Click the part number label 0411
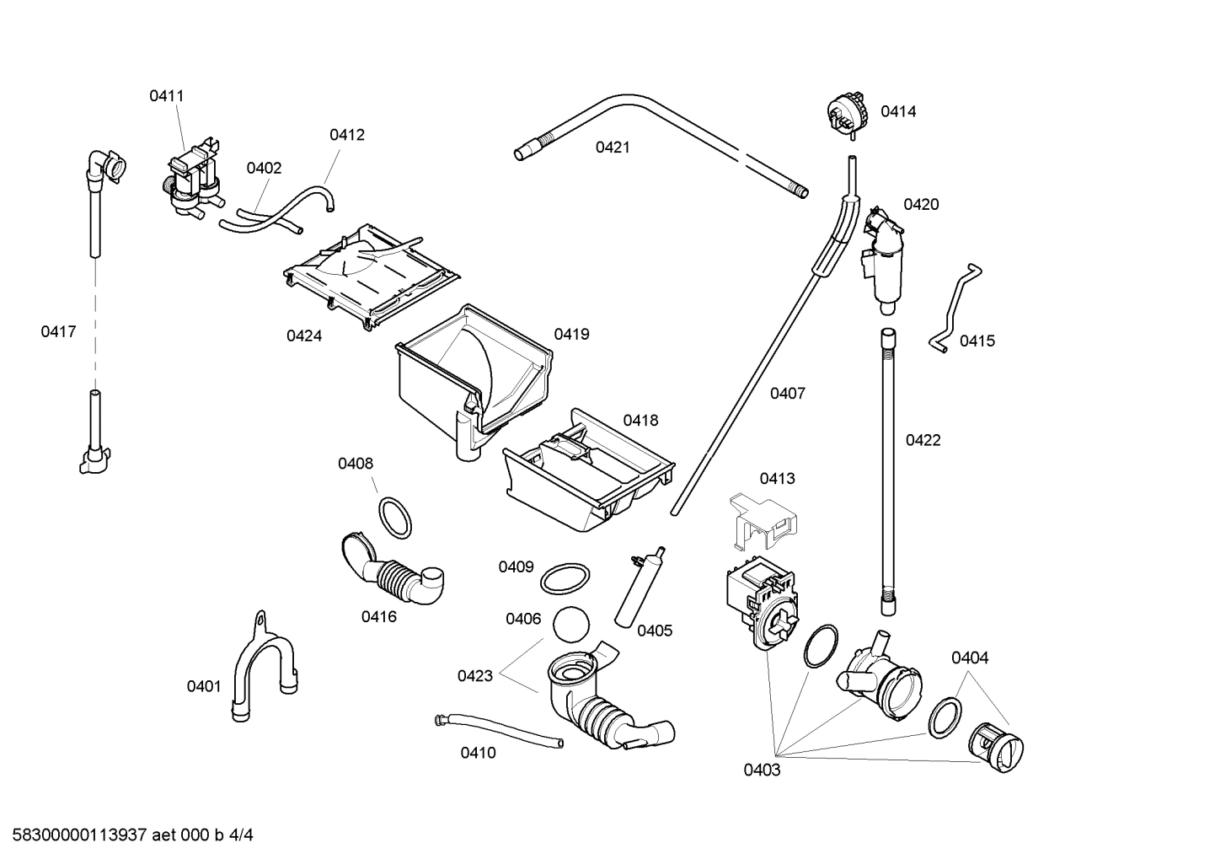(x=166, y=96)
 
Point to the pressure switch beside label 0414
(x=846, y=113)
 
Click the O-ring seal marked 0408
(x=394, y=517)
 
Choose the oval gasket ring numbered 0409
(x=564, y=579)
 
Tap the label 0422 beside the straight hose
(x=923, y=440)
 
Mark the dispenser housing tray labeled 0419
(x=472, y=371)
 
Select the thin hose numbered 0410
(x=497, y=729)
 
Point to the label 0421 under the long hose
(x=613, y=148)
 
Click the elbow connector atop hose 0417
(x=105, y=164)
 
